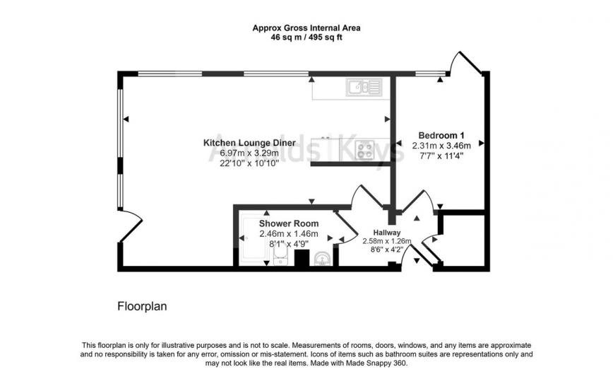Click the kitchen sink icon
[x=364, y=88]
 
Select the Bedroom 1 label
[x=441, y=135]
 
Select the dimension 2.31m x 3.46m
[x=441, y=146]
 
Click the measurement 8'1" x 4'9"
[x=288, y=244]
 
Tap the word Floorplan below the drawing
[x=141, y=307]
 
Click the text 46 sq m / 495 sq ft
[x=306, y=39]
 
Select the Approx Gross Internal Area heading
[x=306, y=29]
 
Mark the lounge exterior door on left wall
[x=131, y=225]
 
